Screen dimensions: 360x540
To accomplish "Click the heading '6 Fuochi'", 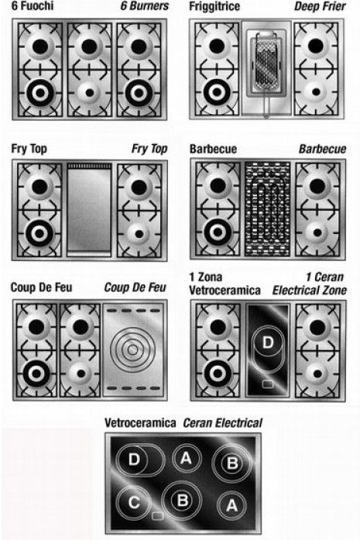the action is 33,6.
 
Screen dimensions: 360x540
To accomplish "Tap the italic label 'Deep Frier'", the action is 320,6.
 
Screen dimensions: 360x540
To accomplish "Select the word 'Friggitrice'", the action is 214,6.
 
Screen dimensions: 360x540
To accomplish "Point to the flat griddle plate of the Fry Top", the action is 89,209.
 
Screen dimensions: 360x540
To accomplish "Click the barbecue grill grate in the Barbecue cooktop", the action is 267,209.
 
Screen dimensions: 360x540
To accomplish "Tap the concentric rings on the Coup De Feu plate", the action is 132,349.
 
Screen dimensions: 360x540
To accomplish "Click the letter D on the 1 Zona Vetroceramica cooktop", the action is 268,342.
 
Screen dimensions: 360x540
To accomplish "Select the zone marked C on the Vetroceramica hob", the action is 133,503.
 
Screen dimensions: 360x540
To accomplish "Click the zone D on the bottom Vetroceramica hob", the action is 140,460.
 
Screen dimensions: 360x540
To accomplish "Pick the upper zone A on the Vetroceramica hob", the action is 187,458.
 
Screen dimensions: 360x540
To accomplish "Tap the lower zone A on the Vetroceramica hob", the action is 231,506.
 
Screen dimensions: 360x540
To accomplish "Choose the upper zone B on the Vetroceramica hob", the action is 232,463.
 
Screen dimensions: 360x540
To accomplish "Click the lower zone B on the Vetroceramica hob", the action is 182,500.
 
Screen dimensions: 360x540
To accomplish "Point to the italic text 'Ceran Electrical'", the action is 223,423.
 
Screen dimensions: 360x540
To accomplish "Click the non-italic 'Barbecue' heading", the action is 214,149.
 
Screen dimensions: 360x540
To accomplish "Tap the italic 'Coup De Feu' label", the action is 135,287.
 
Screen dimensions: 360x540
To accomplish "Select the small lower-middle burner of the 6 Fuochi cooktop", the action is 90,93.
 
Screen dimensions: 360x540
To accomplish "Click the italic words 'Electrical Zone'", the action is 310,291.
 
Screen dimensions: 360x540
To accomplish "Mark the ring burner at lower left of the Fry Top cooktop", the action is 39,233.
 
